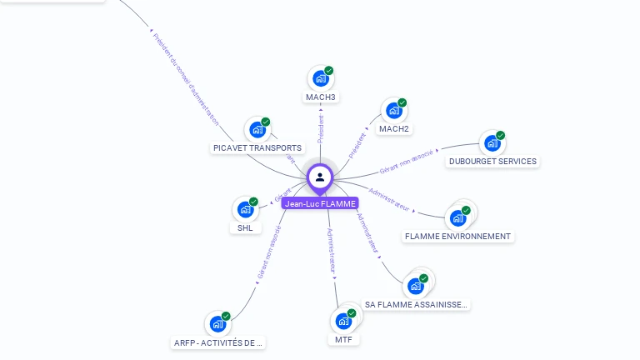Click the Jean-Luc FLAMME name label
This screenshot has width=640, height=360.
point(320,203)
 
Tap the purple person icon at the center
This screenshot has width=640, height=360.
point(320,177)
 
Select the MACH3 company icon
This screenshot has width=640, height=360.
point(320,79)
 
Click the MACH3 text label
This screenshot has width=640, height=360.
point(320,97)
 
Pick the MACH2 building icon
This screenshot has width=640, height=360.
point(393,111)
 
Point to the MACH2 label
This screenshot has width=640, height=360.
point(393,129)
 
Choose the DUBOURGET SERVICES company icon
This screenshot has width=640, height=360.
point(492,143)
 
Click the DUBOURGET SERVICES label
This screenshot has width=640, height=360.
point(492,161)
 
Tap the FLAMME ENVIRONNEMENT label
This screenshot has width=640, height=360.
point(457,236)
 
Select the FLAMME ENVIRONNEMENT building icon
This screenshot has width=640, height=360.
point(457,218)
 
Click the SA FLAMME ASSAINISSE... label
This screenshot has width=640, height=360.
point(417,305)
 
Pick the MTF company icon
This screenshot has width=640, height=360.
point(343,321)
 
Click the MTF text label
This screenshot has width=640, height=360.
point(343,339)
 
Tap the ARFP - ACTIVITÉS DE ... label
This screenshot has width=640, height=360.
point(218,342)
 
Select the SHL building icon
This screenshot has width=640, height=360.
point(245,209)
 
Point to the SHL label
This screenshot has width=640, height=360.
point(245,227)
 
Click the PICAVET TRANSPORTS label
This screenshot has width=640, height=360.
point(257,147)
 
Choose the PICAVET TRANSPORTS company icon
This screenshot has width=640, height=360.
point(257,130)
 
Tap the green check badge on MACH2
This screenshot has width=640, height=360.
point(402,103)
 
